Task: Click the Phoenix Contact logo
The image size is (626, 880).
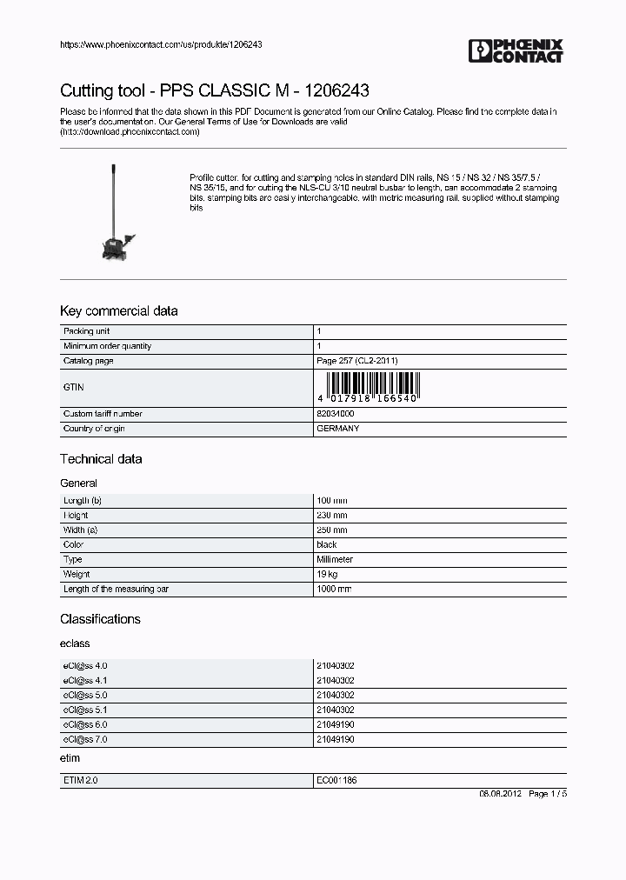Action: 516,50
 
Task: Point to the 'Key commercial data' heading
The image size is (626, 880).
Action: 118,311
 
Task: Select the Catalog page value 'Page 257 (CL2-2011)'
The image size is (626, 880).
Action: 357,361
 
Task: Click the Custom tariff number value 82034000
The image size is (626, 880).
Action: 335,414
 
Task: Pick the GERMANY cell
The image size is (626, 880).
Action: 337,429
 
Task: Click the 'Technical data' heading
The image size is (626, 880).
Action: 101,459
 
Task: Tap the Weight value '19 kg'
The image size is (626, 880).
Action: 327,575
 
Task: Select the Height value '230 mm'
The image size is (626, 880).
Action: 331,516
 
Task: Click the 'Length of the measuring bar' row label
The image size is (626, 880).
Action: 115,590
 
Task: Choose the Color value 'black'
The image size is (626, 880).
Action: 326,545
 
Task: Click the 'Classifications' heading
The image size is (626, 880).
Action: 100,619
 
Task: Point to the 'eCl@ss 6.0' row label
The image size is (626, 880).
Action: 85,724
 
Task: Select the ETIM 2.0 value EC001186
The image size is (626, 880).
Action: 336,781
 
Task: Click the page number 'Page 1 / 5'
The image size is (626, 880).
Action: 547,795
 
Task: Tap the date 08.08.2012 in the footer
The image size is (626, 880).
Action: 500,795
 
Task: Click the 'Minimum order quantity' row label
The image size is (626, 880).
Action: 107,346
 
